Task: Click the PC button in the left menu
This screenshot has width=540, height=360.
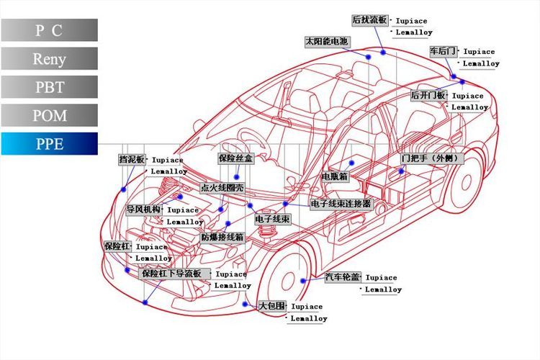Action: coord(49,30)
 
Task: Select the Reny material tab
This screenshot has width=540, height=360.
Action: coord(49,59)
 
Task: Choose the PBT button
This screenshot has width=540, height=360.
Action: coord(49,87)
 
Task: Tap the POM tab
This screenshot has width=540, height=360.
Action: coord(49,115)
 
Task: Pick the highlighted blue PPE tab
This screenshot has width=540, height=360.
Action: coord(49,144)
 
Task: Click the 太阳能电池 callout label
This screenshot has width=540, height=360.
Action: coord(327,42)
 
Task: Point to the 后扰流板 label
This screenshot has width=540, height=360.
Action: coord(370,19)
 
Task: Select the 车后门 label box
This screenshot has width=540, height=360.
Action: coord(443,51)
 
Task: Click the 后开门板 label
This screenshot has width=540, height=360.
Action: coord(428,96)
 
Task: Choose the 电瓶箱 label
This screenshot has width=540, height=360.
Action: coord(335,176)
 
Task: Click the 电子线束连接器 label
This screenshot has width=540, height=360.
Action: coord(341,204)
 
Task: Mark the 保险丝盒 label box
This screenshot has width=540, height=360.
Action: coord(235,158)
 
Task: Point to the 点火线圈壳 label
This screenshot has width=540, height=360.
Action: coord(222,188)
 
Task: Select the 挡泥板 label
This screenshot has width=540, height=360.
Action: coord(132,159)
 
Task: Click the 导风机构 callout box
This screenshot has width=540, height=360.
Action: coord(143,210)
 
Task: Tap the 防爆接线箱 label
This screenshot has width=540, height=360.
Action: coord(222,237)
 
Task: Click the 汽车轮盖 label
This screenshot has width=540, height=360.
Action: coord(342,277)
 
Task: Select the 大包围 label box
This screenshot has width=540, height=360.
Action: coord(272,306)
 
